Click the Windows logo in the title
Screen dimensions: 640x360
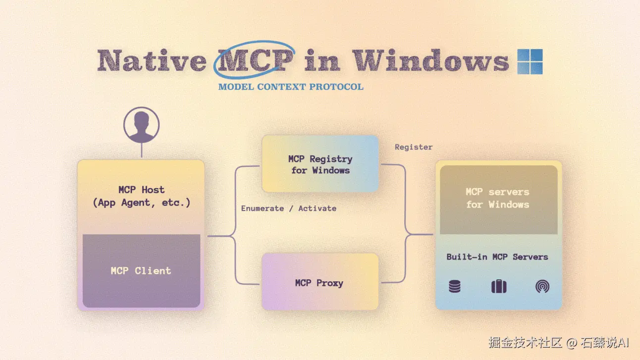[530, 61]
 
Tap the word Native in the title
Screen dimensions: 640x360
[152, 60]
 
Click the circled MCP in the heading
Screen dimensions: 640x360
[255, 60]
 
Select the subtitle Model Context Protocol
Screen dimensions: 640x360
[291, 87]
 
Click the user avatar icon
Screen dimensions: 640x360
[142, 125]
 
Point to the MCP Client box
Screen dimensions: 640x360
[142, 270]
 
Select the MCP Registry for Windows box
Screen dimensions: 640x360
[320, 164]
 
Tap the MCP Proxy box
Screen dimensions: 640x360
[320, 281]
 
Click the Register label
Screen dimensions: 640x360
[414, 147]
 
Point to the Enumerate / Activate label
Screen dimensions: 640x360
[289, 208]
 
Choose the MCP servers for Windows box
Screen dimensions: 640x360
[498, 200]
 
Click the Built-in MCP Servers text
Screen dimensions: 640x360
[497, 257]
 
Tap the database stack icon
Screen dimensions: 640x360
[455, 286]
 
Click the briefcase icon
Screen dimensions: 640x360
[499, 286]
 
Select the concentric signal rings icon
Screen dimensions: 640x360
[542, 287]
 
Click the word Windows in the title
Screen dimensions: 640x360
[430, 60]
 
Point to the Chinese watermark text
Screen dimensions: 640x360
[559, 343]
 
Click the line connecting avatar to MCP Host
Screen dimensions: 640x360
[142, 150]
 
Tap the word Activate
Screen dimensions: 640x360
[318, 208]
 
